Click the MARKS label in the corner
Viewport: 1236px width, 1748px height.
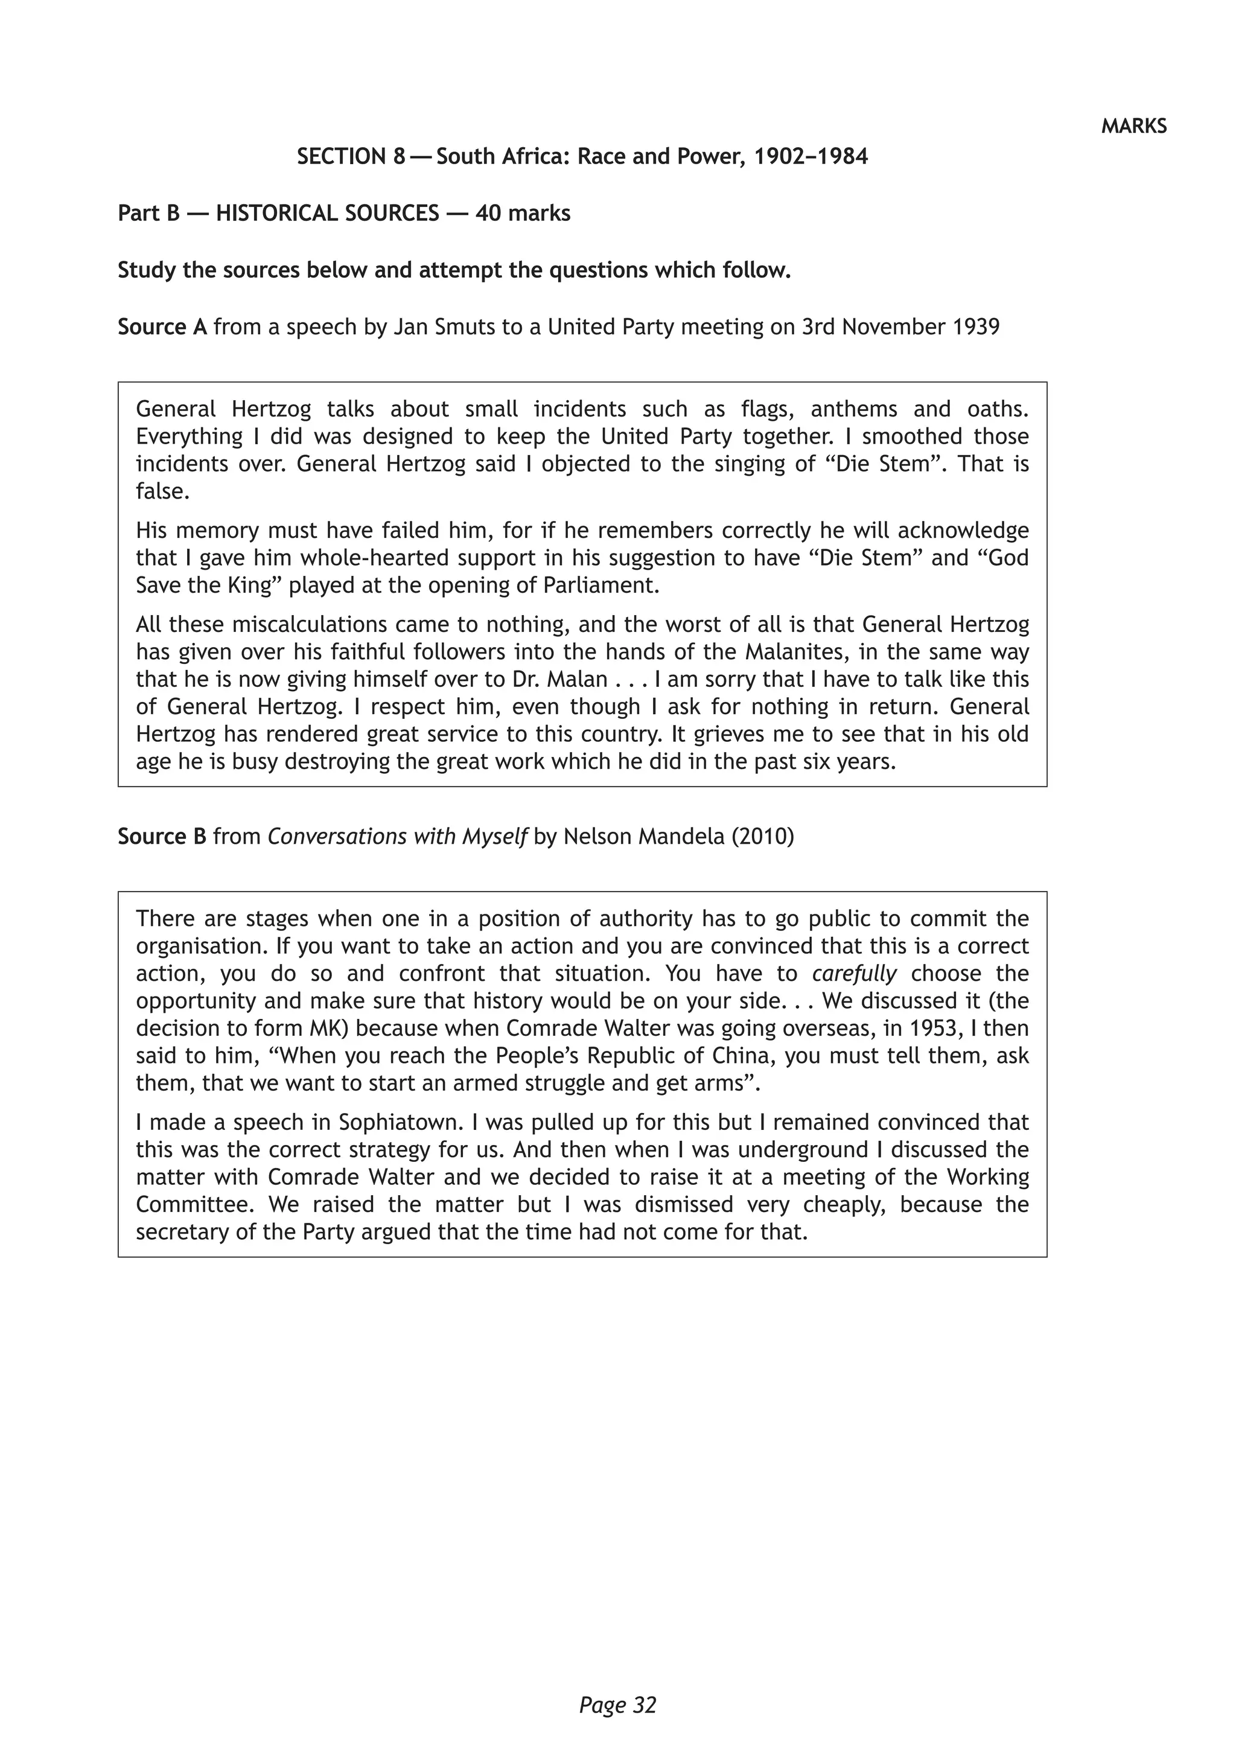[1133, 126]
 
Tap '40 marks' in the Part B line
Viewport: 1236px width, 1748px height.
[523, 213]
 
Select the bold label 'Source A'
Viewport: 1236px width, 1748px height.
[162, 327]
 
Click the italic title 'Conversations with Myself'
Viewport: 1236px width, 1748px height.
[397, 837]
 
